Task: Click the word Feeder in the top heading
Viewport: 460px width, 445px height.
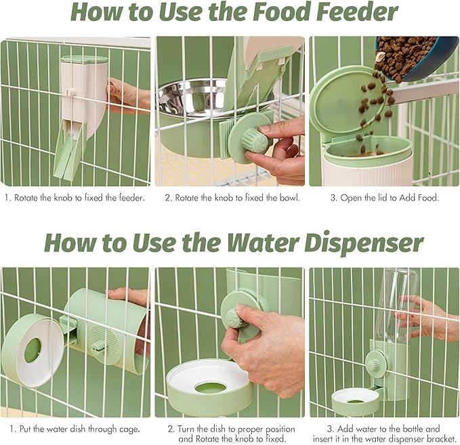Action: point(357,12)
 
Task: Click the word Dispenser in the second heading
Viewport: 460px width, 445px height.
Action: point(364,243)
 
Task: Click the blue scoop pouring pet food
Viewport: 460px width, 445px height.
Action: point(417,59)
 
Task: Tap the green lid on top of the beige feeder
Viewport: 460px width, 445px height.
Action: point(84,60)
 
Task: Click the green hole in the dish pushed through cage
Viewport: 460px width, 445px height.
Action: point(33,350)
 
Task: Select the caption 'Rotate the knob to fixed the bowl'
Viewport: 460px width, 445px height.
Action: point(232,198)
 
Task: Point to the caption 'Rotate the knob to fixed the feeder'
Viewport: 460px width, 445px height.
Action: point(75,198)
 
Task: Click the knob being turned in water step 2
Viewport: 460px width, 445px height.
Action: point(236,319)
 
